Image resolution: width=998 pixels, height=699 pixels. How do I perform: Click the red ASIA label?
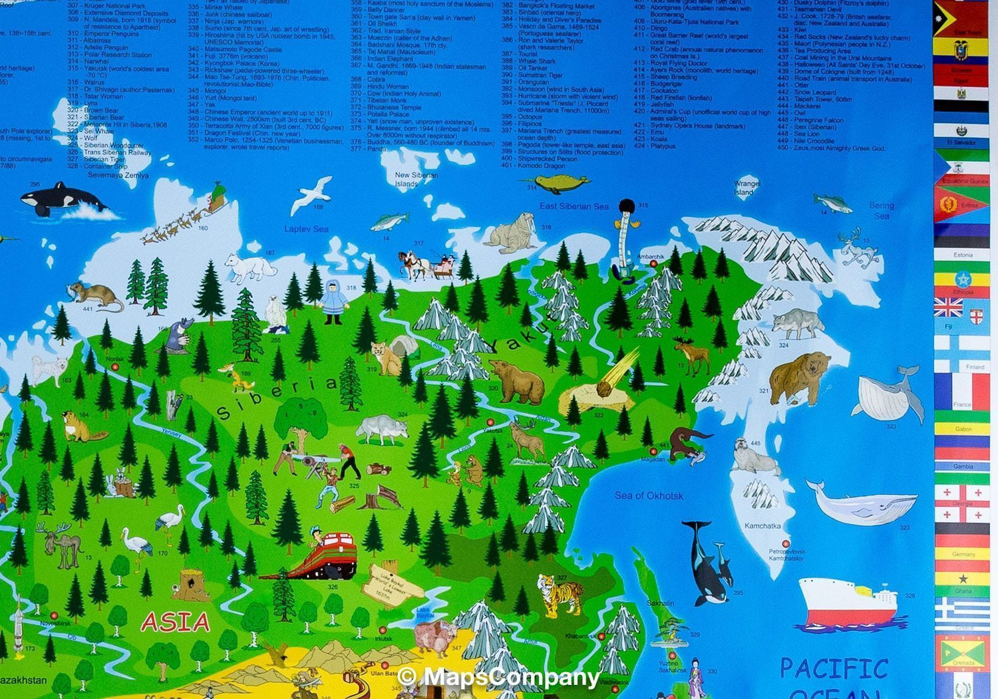(176, 622)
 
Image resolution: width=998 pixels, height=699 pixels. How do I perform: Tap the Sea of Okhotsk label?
(649, 495)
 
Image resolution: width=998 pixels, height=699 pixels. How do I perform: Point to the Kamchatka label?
(762, 526)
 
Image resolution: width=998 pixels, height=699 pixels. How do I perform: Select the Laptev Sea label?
(306, 229)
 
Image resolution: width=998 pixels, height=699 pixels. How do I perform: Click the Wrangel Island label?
(747, 188)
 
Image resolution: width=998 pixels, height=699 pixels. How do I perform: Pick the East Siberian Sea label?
(574, 206)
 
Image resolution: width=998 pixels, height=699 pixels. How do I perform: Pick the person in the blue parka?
(333, 301)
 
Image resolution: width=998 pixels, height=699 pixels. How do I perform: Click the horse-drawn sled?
(426, 264)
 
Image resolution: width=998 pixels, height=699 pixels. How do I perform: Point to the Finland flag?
(961, 352)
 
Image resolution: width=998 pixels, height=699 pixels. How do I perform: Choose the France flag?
(961, 391)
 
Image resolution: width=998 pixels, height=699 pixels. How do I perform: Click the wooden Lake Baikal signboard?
(390, 585)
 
